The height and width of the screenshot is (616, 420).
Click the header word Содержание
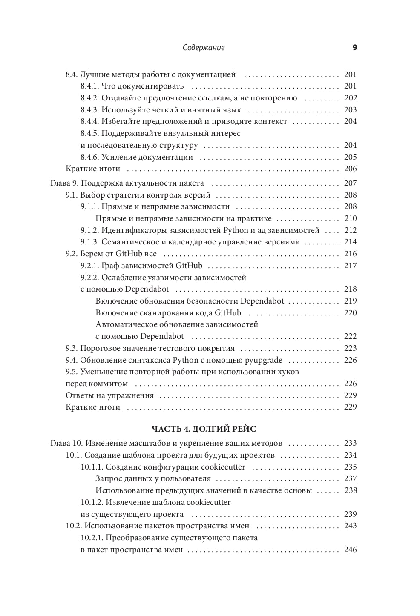[204, 48]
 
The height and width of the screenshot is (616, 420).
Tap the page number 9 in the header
[355, 48]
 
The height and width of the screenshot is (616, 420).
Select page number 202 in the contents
[351, 98]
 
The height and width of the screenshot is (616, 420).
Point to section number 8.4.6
[89, 157]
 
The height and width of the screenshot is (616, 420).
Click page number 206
[351, 169]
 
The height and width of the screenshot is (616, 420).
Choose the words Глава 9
[64, 183]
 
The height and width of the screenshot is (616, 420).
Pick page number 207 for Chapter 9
[351, 183]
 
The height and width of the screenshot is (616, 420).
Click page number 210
[351, 218]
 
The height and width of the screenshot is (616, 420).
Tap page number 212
[351, 230]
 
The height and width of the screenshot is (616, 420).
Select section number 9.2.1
[89, 266]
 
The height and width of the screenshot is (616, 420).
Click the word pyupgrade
[263, 360]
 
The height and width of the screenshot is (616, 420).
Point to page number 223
[351, 348]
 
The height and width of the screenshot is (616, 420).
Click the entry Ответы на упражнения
[109, 395]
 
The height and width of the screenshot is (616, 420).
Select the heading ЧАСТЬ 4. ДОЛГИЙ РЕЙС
[204, 429]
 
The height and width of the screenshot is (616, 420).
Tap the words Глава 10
[66, 443]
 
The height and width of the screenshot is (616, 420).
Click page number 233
[351, 443]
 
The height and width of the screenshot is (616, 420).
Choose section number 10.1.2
[92, 502]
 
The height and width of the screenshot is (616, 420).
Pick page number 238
[351, 490]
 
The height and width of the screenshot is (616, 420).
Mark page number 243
[351, 526]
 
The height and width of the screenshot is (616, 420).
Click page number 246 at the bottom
[351, 550]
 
